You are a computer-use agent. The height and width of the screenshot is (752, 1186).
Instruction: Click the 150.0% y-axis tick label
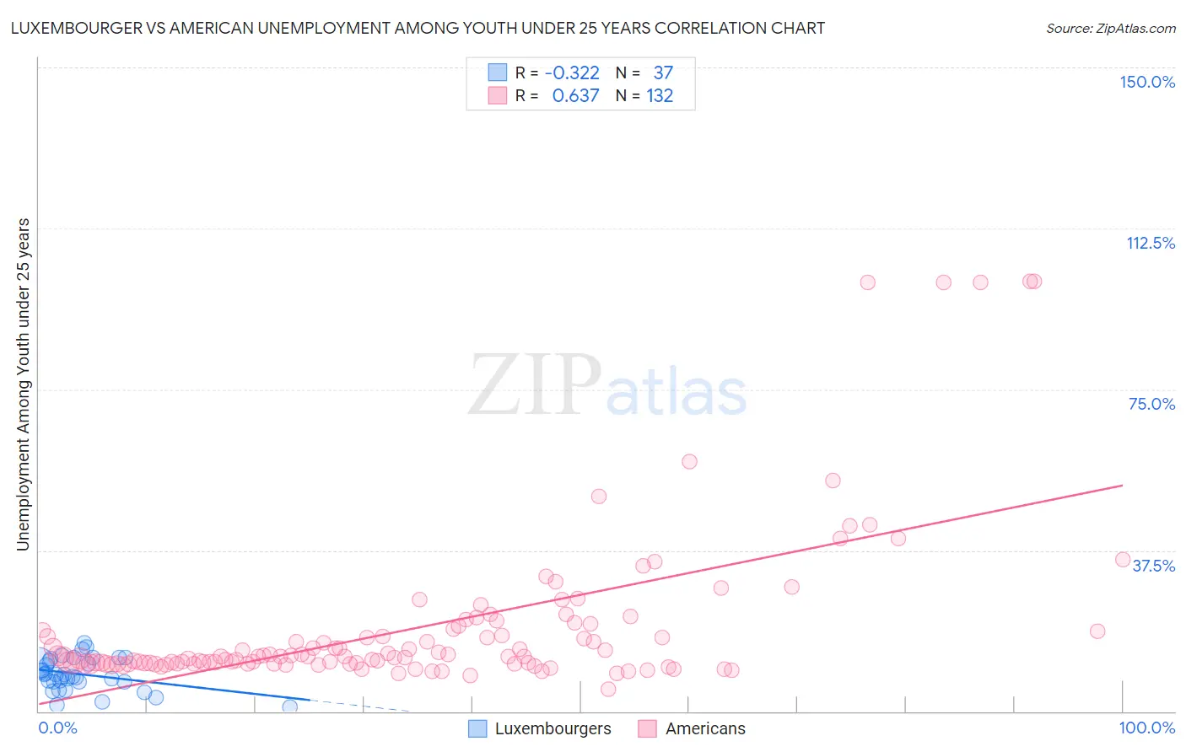[x=1147, y=82]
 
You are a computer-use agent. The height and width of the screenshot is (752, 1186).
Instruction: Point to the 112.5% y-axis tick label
[x=1151, y=243]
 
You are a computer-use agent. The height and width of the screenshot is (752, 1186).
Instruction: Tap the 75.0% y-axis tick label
[x=1151, y=404]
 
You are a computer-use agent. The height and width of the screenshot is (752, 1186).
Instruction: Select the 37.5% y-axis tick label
[x=1153, y=566]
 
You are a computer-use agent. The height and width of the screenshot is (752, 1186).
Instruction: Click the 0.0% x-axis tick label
[x=57, y=728]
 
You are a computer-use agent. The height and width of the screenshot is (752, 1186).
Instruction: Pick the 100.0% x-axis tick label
[x=1146, y=728]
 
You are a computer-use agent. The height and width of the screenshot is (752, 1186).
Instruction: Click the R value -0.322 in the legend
[x=572, y=73]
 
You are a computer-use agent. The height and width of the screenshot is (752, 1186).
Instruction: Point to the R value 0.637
[x=575, y=96]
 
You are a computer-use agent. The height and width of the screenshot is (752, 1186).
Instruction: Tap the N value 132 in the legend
[x=660, y=96]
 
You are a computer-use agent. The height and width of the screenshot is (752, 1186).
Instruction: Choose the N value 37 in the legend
[x=663, y=73]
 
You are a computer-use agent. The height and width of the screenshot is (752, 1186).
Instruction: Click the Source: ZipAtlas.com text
[x=1110, y=29]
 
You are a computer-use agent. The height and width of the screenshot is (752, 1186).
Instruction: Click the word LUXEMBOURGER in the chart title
[x=70, y=28]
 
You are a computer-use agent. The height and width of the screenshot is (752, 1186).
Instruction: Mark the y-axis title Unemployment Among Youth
[x=23, y=384]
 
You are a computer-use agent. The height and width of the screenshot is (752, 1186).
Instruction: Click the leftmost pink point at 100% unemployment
[x=867, y=282]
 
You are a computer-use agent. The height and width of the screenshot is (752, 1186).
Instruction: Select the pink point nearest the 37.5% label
[x=1123, y=560]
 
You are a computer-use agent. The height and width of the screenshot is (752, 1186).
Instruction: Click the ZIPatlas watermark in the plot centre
[x=607, y=386]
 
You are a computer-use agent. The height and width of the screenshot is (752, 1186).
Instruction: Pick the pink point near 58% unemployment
[x=689, y=461]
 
